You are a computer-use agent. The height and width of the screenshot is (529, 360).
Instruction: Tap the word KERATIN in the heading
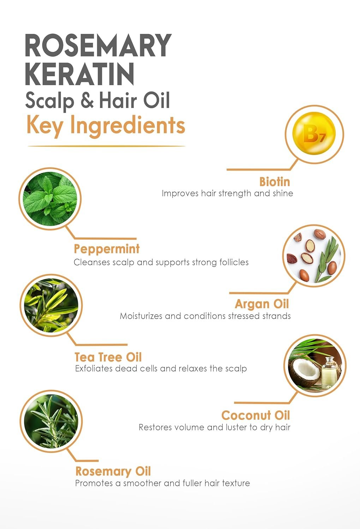pos(80,74)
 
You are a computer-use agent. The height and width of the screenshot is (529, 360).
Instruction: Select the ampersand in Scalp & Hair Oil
pos(87,101)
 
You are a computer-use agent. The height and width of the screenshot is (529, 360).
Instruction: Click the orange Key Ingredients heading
pos(106,126)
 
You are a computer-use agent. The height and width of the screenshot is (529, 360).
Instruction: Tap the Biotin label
pos(275,182)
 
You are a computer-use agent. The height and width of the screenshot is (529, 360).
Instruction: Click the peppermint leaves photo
pos(50,199)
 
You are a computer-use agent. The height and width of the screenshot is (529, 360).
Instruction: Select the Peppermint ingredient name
pos(107,249)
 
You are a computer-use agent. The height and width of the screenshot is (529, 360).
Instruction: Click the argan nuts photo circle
pos(314,256)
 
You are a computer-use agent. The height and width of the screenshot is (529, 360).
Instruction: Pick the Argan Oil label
pos(262,304)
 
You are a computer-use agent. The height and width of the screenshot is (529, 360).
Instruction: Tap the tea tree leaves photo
pos(51,305)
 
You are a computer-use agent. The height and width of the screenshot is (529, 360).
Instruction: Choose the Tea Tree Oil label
pos(108,357)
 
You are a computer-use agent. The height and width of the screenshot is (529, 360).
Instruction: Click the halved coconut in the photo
pos(304,370)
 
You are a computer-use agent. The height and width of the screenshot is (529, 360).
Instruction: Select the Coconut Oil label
pos(256,416)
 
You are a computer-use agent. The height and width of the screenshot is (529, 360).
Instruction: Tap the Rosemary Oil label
pos(113,472)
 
